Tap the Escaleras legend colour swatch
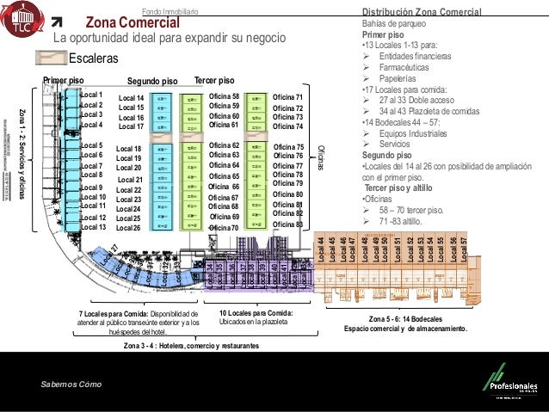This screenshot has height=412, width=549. coord(51,58)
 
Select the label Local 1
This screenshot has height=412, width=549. coord(90,95)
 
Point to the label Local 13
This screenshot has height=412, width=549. coord(92,227)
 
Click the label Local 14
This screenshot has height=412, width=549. coord(132,99)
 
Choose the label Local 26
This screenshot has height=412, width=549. coord(128,228)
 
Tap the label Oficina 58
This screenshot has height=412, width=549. coord(224,96)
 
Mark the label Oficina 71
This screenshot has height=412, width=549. coord(287,98)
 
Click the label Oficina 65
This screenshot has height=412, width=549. coord(225,175)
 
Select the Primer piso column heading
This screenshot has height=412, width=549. coord(64,80)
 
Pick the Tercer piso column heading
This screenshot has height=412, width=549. coord(214,79)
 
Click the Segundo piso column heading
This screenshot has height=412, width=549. coord(151,81)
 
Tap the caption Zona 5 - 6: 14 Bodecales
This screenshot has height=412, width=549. coord(404,319)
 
